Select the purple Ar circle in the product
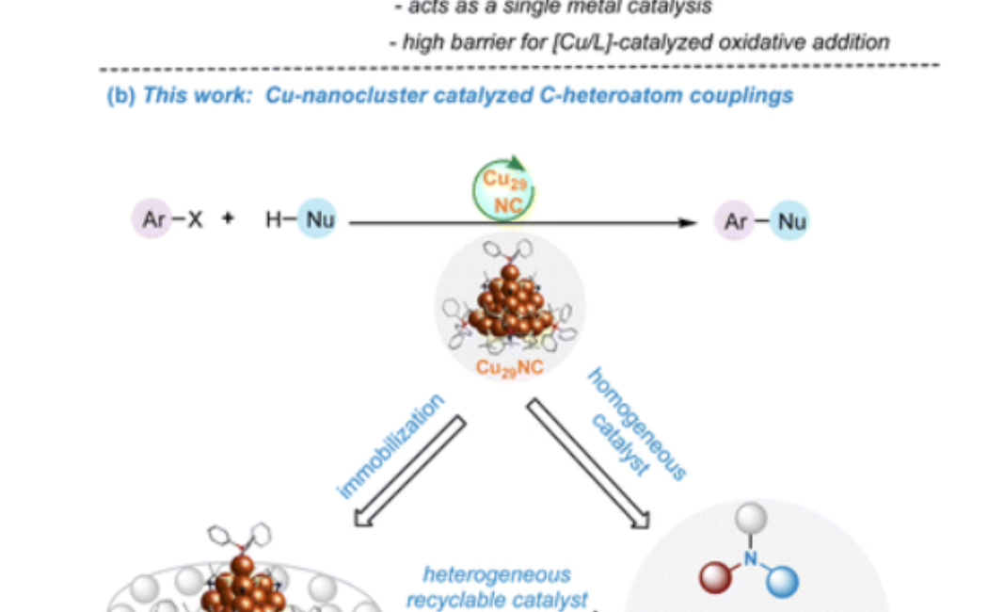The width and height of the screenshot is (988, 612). pos(735,221)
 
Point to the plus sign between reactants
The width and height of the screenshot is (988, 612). pos(227,221)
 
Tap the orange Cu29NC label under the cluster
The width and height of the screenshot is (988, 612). pos(509,367)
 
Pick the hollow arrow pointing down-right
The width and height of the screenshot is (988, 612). pos(589,461)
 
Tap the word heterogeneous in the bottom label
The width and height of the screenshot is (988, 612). pos(496,574)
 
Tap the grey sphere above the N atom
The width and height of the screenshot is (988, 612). pos(748,517)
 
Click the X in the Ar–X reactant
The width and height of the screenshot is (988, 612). pos(195,221)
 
